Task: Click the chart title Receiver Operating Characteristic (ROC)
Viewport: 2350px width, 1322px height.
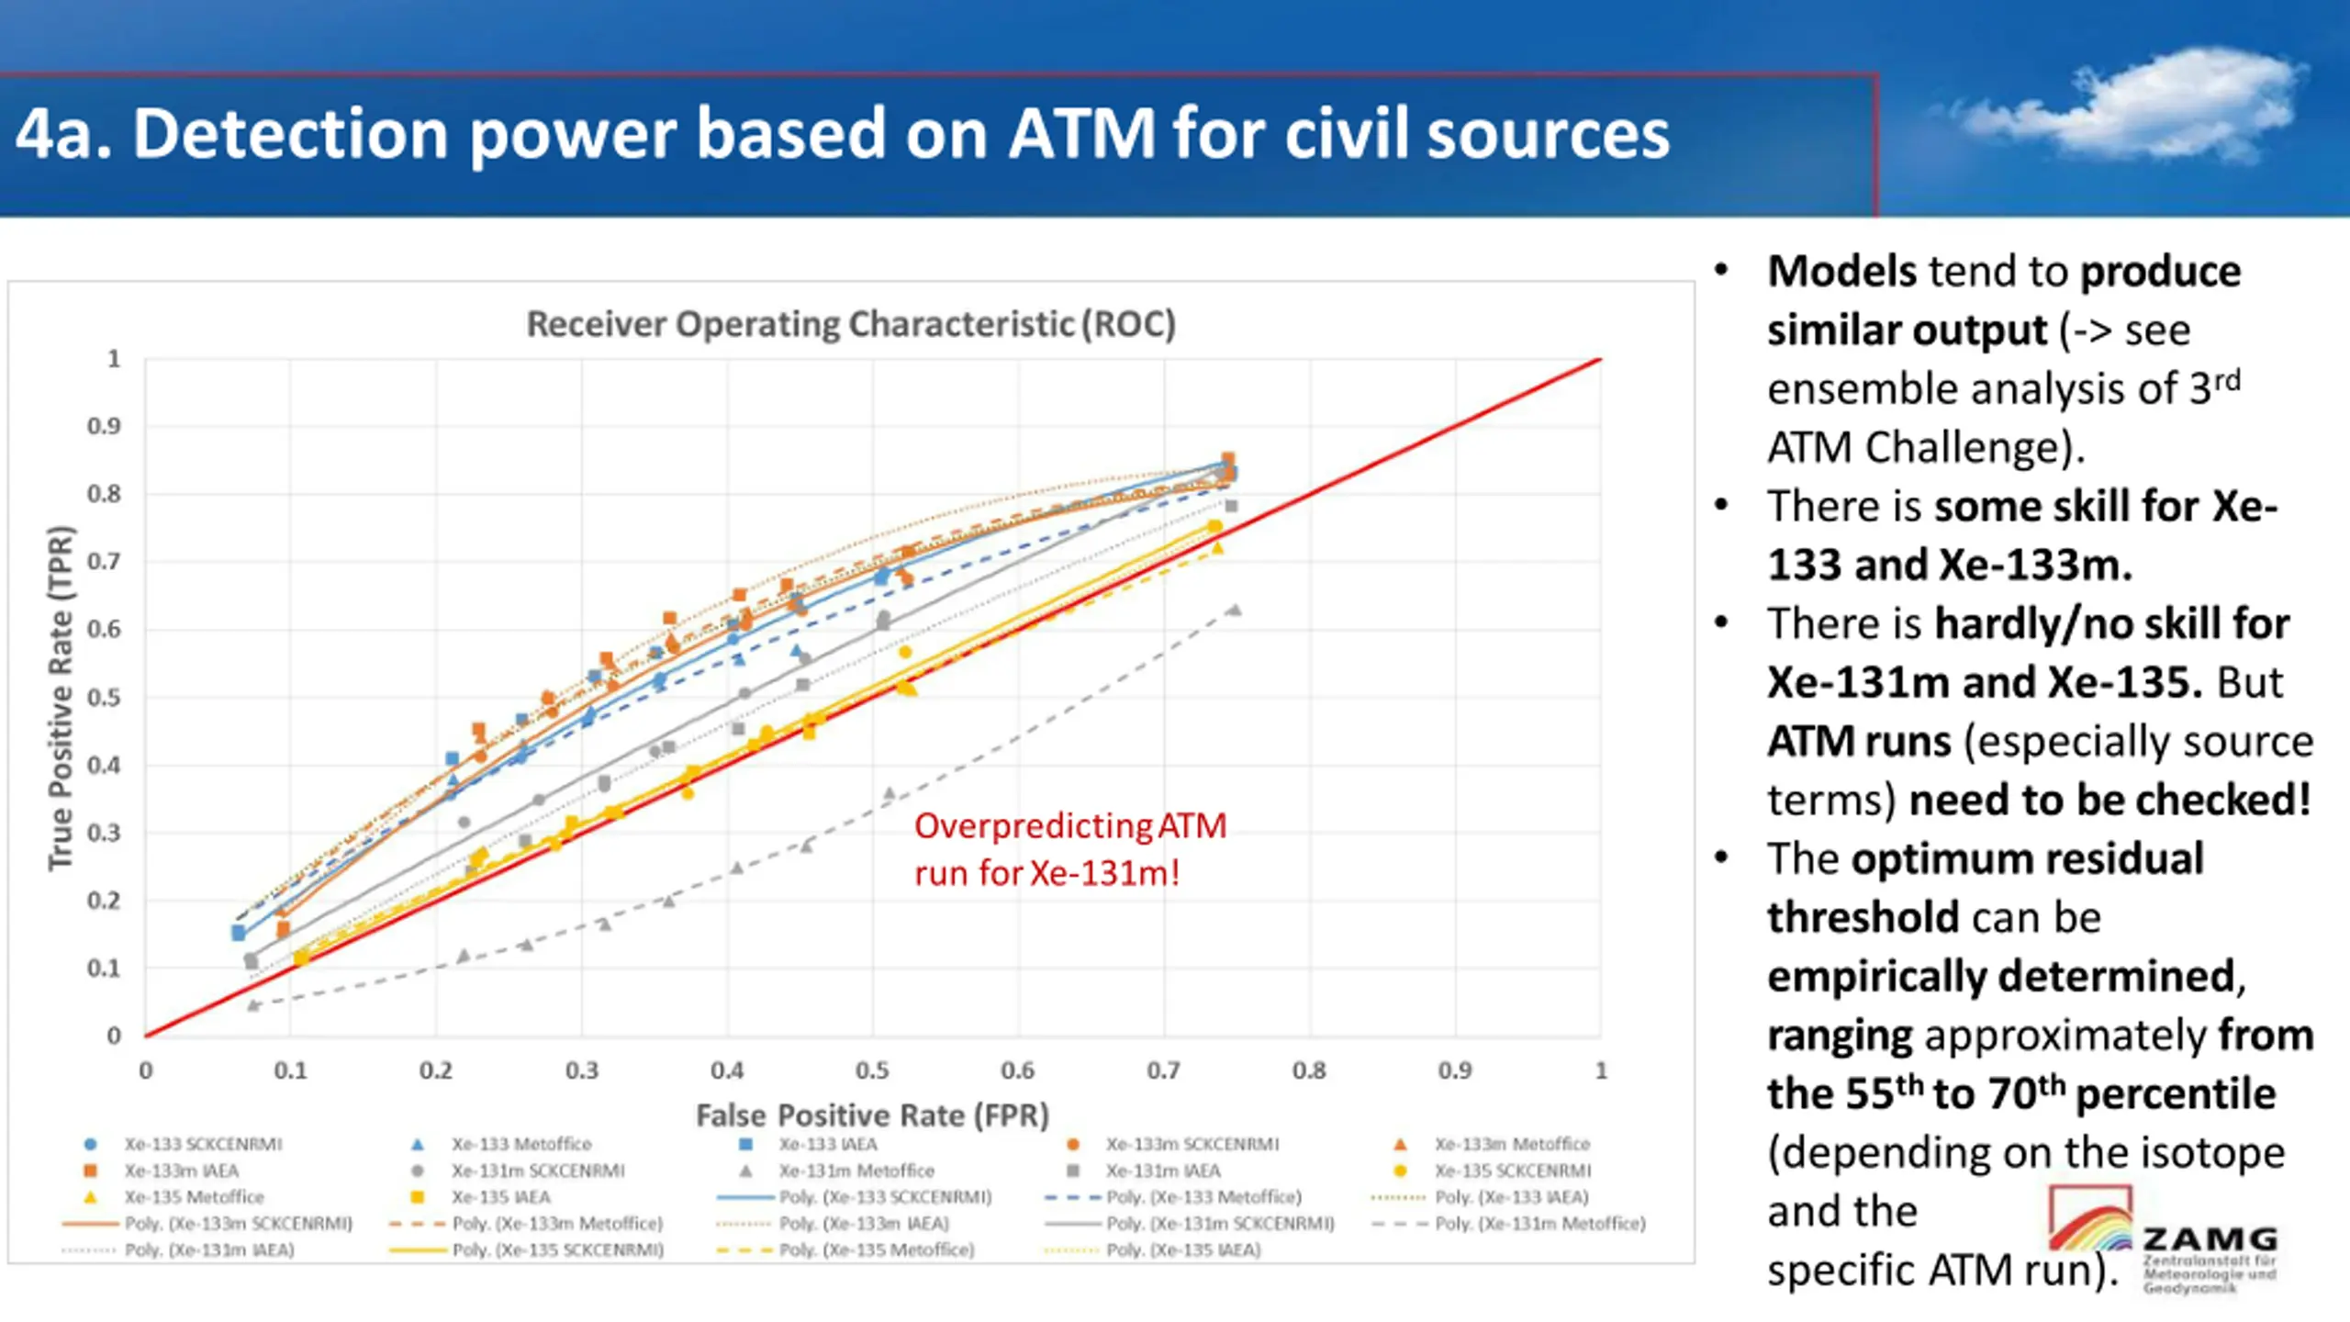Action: tap(851, 324)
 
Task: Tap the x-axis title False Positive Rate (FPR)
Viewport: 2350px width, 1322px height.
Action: tap(872, 1115)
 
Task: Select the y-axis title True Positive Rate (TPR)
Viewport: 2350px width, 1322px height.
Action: tap(61, 698)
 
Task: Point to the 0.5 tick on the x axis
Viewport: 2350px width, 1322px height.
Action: tap(872, 1070)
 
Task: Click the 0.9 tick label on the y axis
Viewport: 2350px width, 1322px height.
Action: tap(104, 426)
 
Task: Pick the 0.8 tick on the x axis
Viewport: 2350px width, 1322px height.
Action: tap(1309, 1070)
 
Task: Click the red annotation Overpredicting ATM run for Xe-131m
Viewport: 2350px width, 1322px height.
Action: tap(1069, 849)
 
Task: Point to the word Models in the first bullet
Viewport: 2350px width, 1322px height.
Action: tap(1841, 272)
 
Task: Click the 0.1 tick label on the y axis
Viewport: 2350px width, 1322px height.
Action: tap(104, 968)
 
